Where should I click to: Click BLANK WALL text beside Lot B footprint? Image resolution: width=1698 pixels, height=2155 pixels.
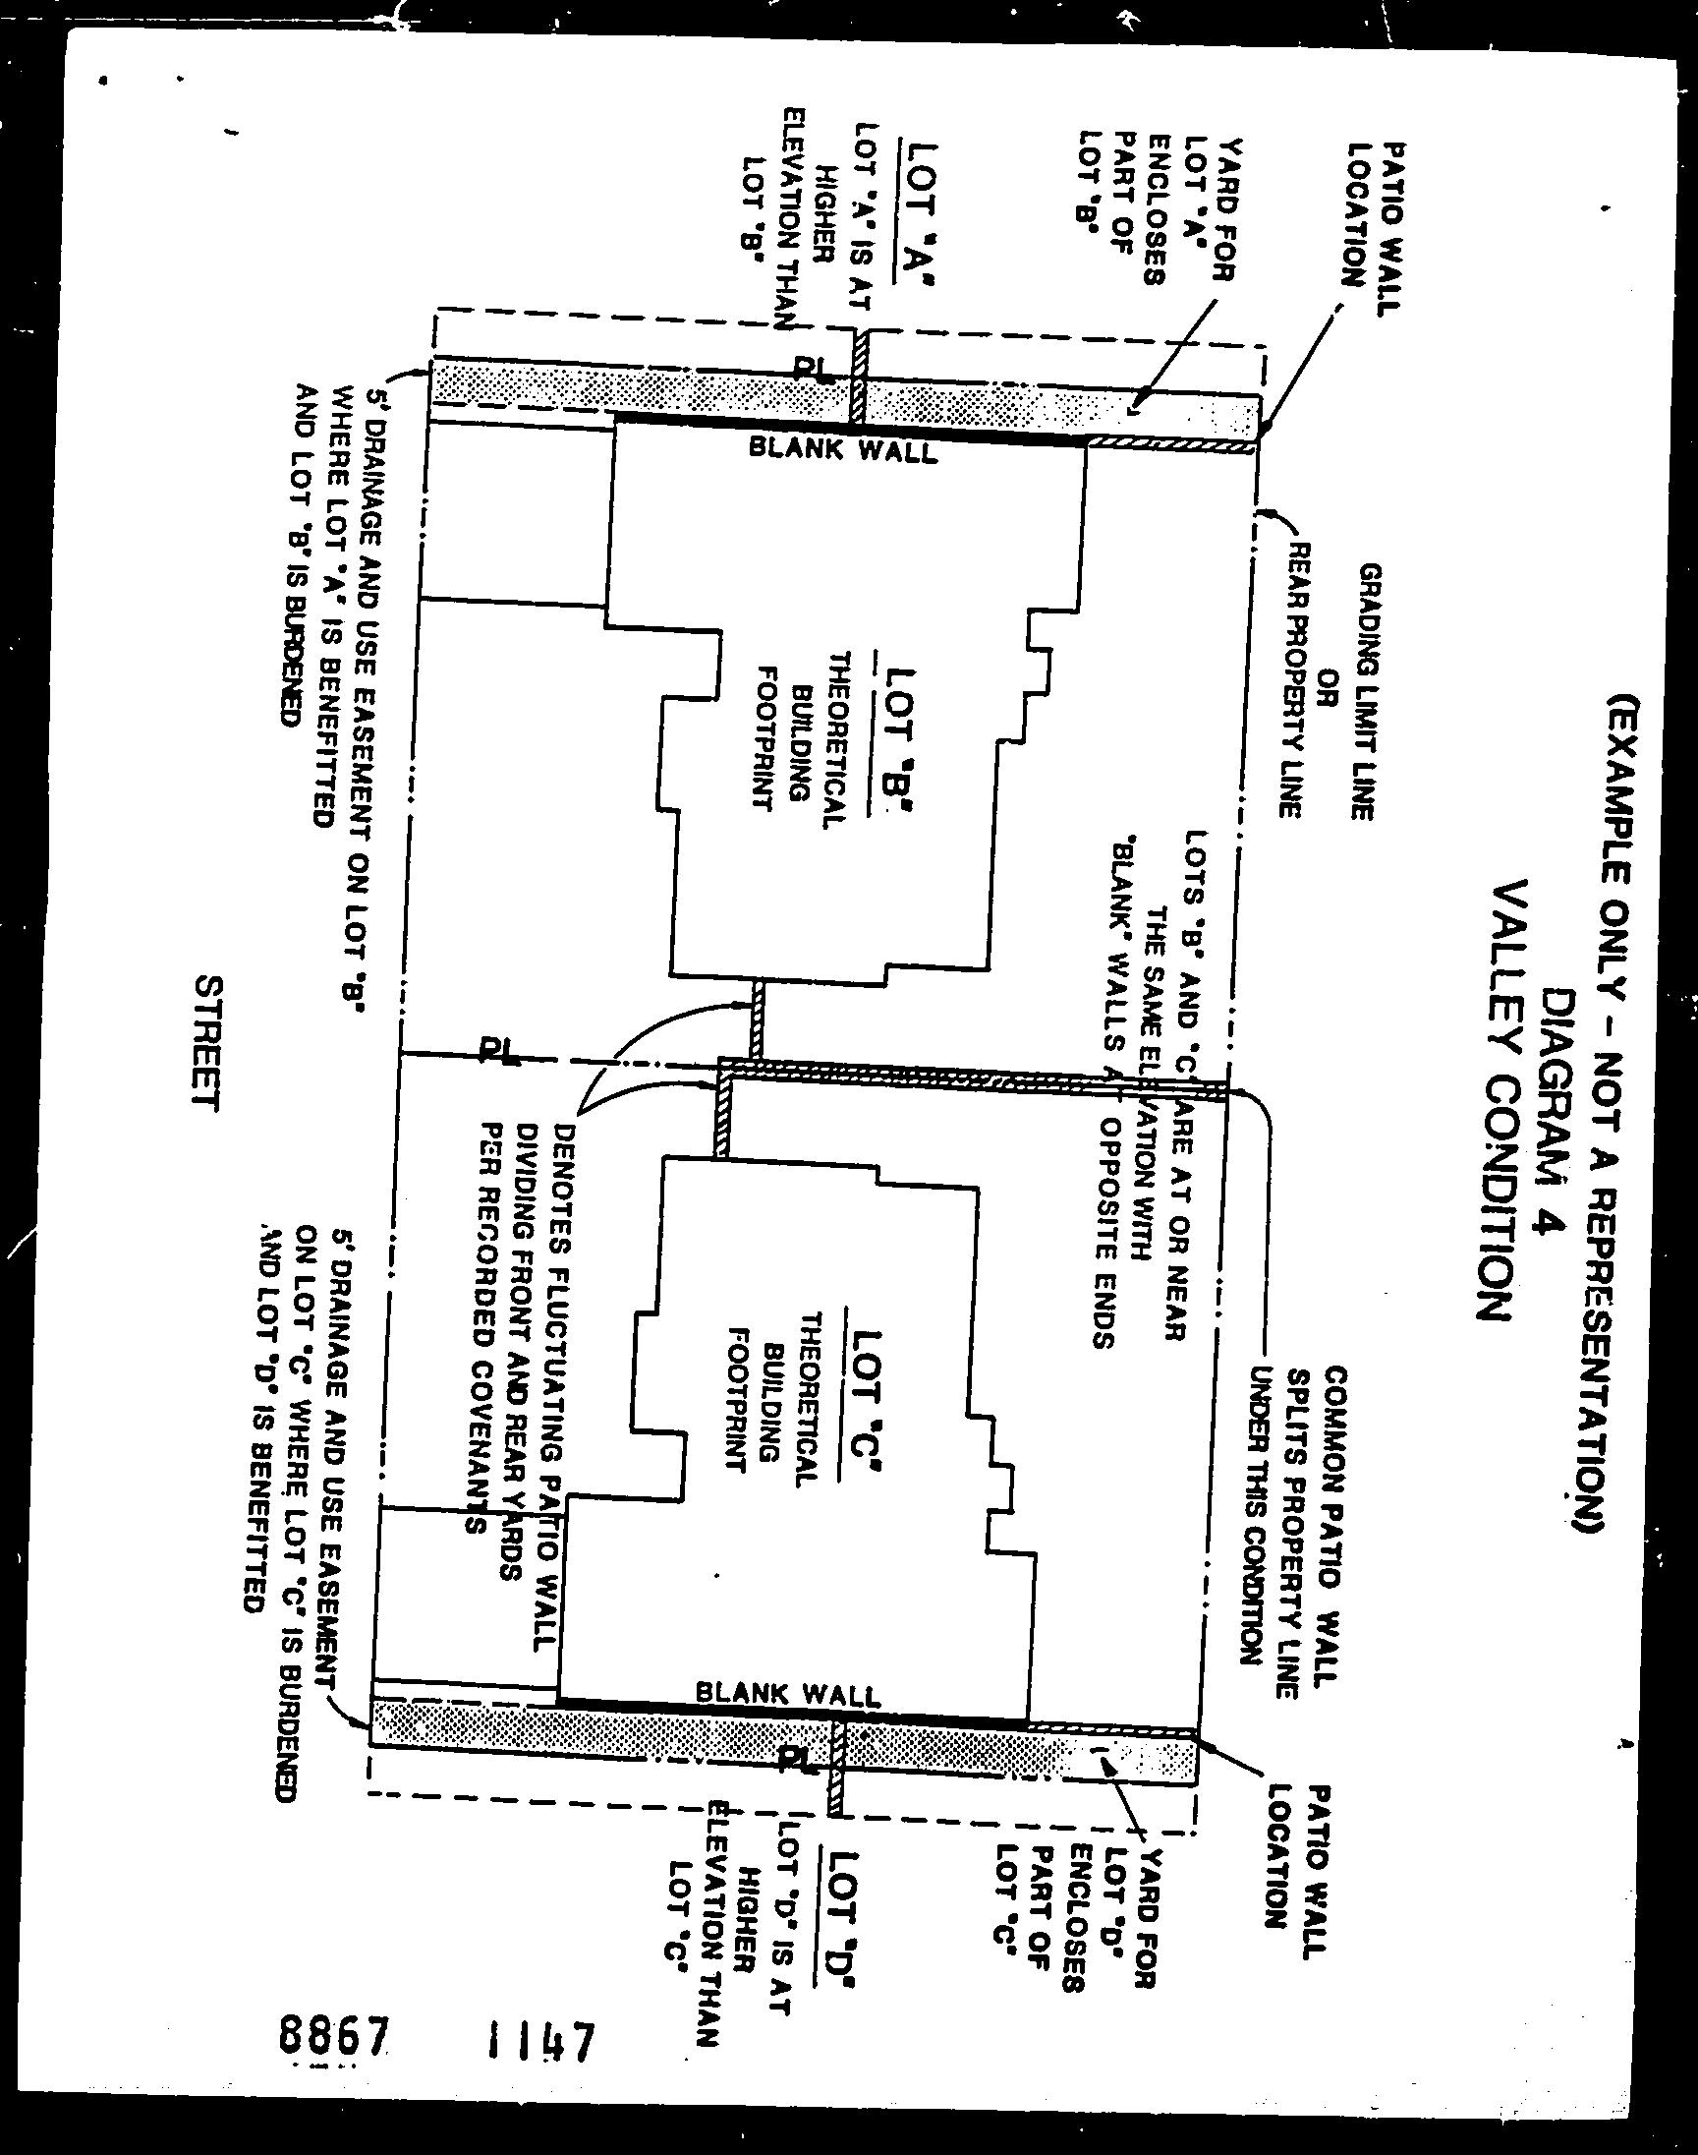[842, 450]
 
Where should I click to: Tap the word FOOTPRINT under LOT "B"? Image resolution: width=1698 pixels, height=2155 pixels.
[764, 738]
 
